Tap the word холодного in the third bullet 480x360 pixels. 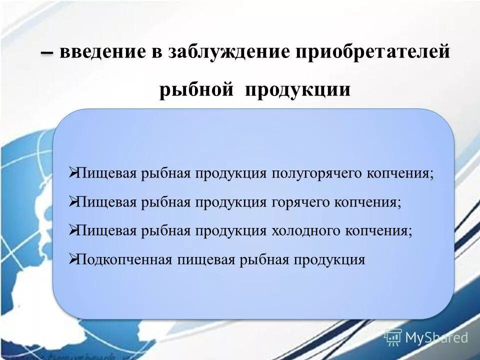point(305,231)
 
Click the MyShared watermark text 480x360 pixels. point(436,338)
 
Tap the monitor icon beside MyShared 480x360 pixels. point(393,337)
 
